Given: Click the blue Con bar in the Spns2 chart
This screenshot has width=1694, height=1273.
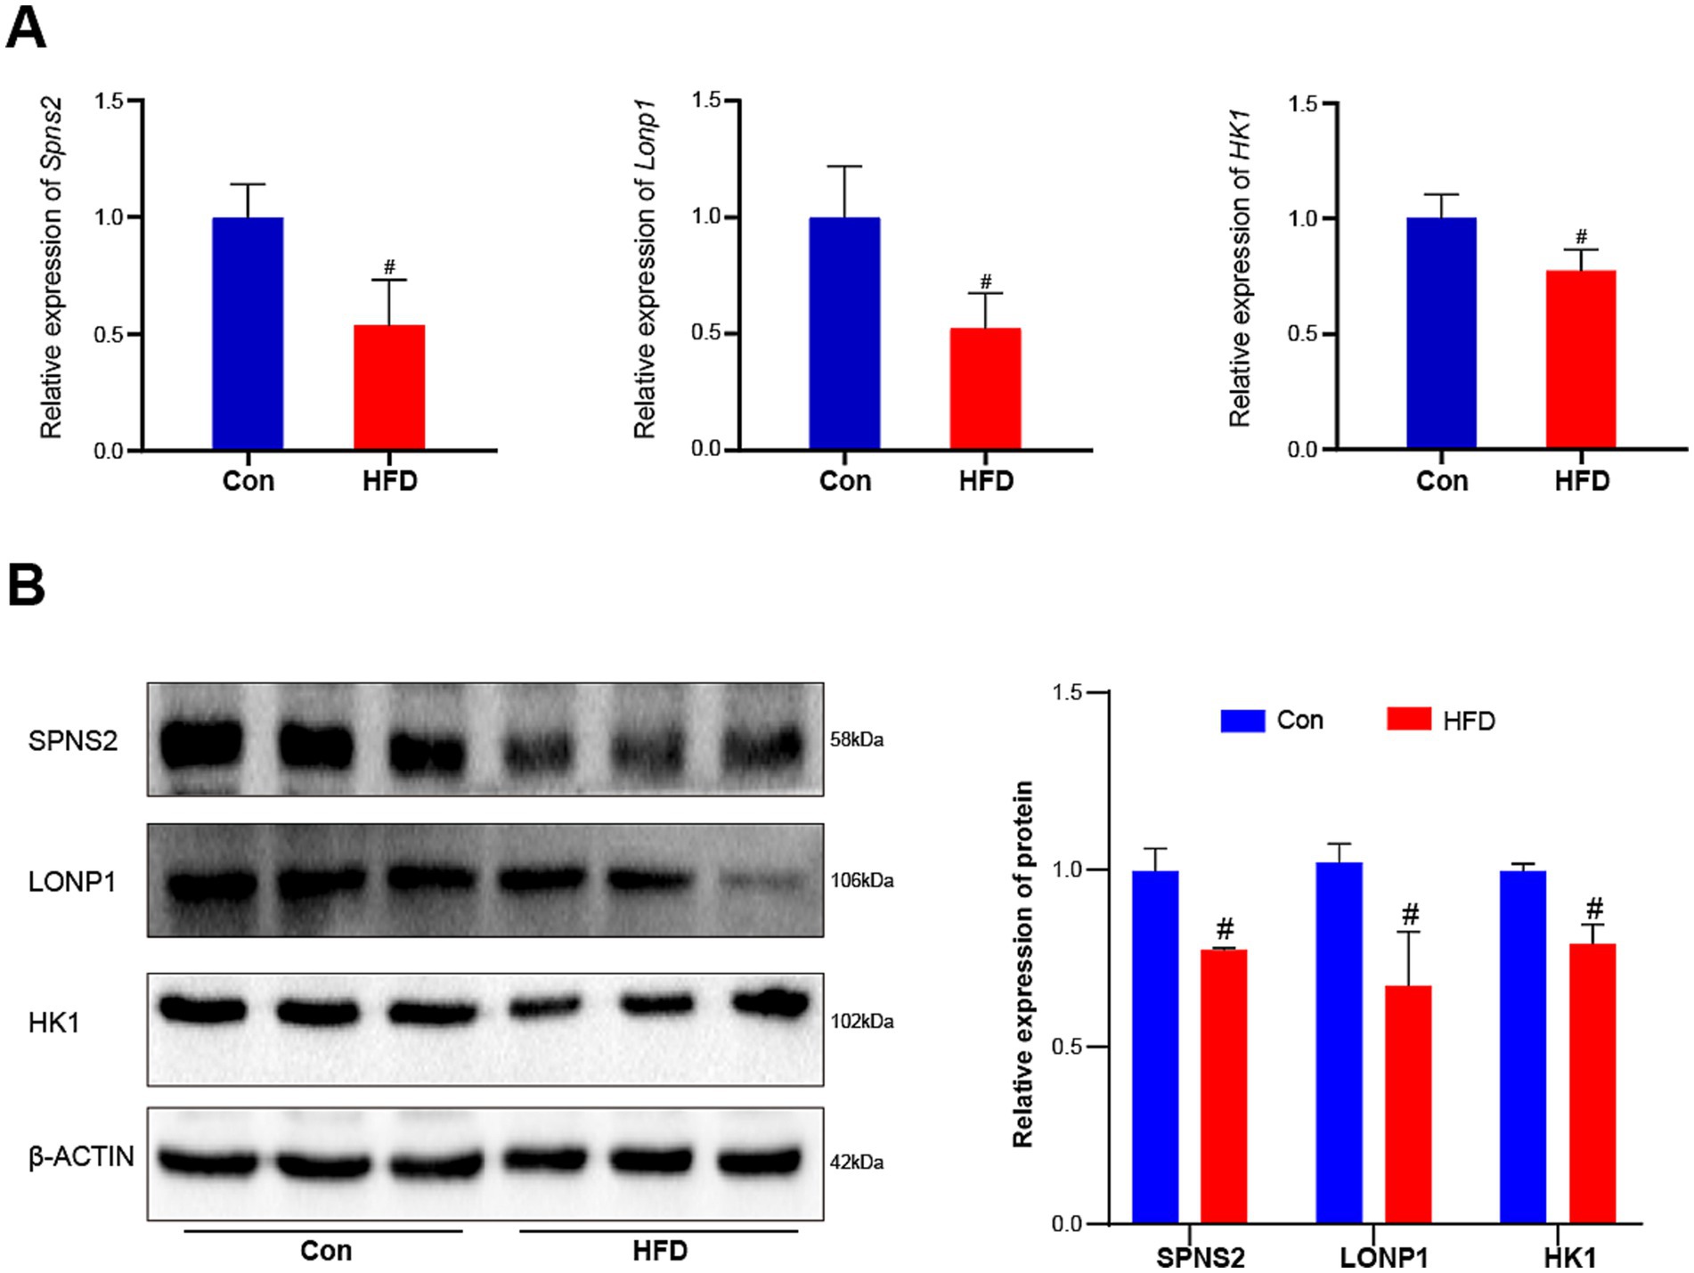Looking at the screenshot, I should click(x=248, y=333).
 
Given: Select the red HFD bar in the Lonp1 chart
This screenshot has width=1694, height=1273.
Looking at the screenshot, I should click(x=985, y=388).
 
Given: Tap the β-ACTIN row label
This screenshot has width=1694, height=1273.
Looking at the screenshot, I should click(x=81, y=1157).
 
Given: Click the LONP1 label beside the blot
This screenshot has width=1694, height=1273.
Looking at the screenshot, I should click(x=72, y=881).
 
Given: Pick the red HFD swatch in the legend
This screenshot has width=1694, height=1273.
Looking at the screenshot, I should click(x=1409, y=720).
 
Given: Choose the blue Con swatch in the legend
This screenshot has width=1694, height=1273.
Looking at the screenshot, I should click(x=1242, y=720).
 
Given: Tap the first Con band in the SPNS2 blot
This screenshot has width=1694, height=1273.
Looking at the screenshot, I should click(x=202, y=741).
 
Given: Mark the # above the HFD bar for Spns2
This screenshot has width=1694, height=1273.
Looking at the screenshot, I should click(x=389, y=266).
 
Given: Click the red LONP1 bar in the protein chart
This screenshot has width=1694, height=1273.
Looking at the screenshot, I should click(x=1408, y=1104).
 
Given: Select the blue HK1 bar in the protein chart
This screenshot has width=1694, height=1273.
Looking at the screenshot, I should click(x=1523, y=1047).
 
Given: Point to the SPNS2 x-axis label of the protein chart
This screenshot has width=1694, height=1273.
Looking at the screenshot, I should click(x=1200, y=1257).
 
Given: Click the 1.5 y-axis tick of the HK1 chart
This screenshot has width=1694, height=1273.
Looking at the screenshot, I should click(x=1303, y=105).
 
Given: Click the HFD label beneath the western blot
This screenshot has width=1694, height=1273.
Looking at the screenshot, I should click(x=660, y=1251).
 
